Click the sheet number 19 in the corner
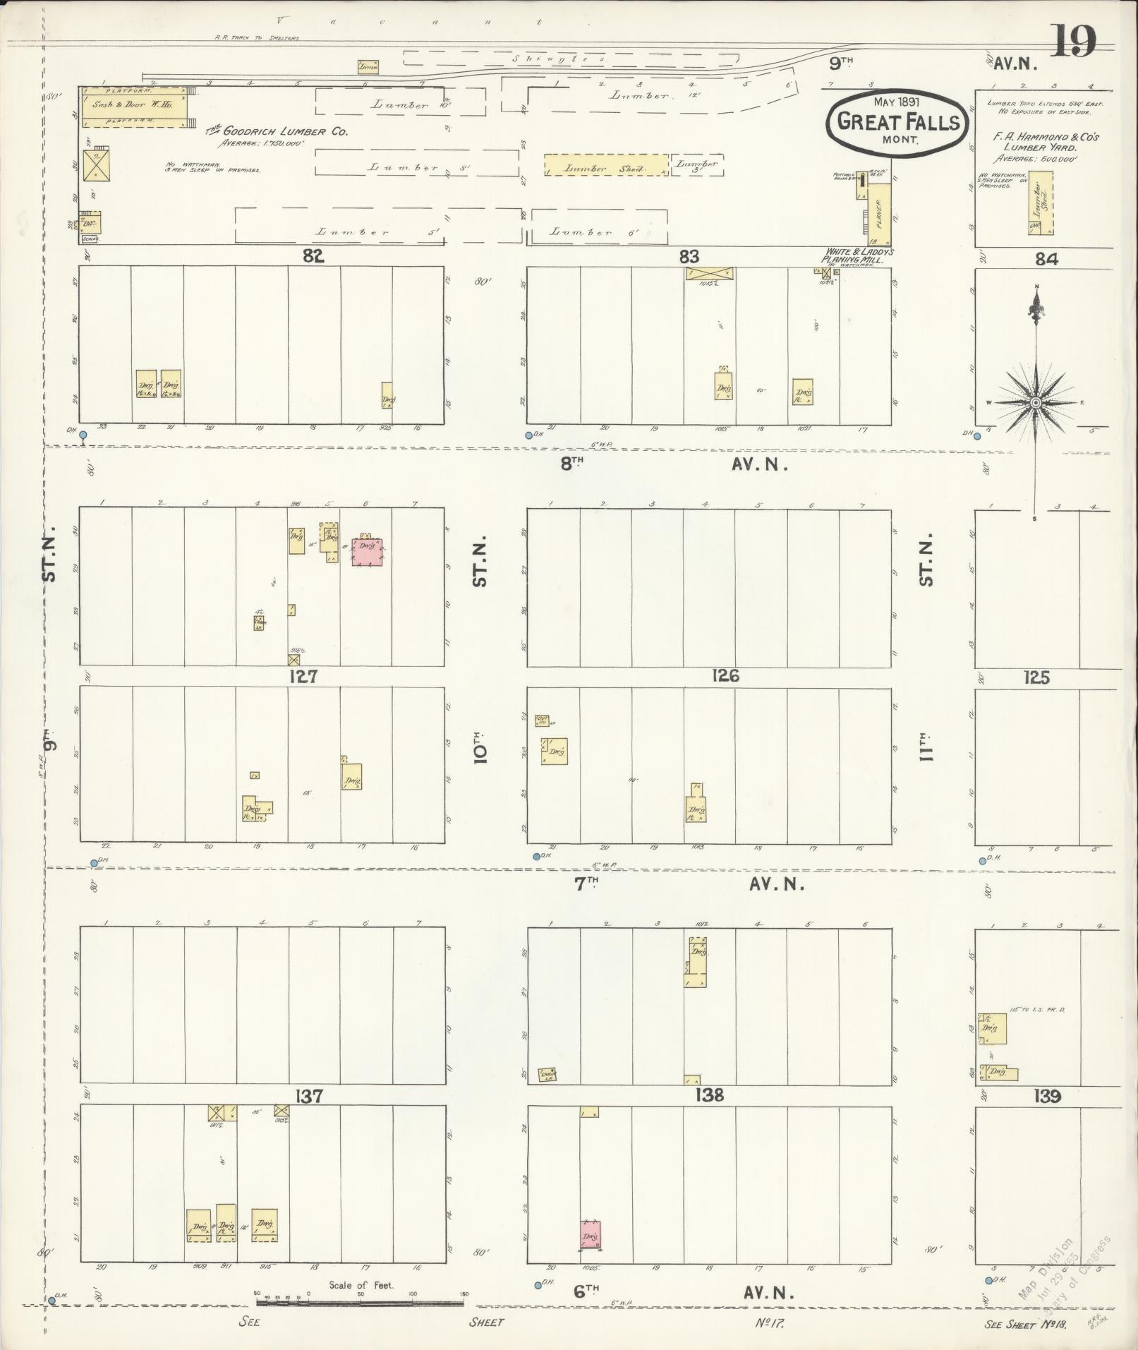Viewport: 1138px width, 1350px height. click(x=1075, y=41)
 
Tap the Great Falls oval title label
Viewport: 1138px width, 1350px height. click(x=898, y=122)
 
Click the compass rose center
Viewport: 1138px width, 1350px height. click(x=1036, y=402)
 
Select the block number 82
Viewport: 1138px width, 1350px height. click(x=313, y=257)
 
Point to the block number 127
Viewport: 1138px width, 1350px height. click(x=303, y=676)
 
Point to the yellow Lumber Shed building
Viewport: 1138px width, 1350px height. click(x=605, y=166)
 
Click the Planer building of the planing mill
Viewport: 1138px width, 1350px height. click(x=879, y=210)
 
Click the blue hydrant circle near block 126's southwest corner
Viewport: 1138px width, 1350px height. click(x=536, y=856)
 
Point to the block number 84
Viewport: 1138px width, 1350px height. click(x=1046, y=259)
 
